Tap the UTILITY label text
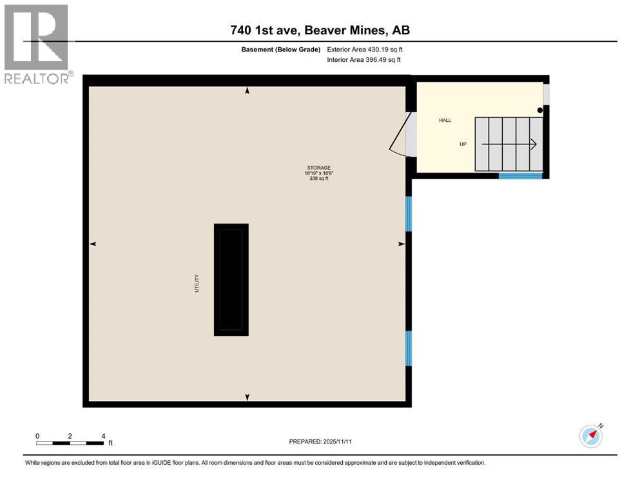(197, 284)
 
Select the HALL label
(445, 121)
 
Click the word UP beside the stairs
(463, 144)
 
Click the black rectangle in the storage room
(231, 280)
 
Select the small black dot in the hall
(540, 110)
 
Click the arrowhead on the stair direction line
(533, 144)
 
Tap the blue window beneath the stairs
(520, 175)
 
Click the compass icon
(591, 436)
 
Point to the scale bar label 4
(103, 436)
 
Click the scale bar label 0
(38, 436)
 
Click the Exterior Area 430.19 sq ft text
(364, 49)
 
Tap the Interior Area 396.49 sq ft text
(364, 60)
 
